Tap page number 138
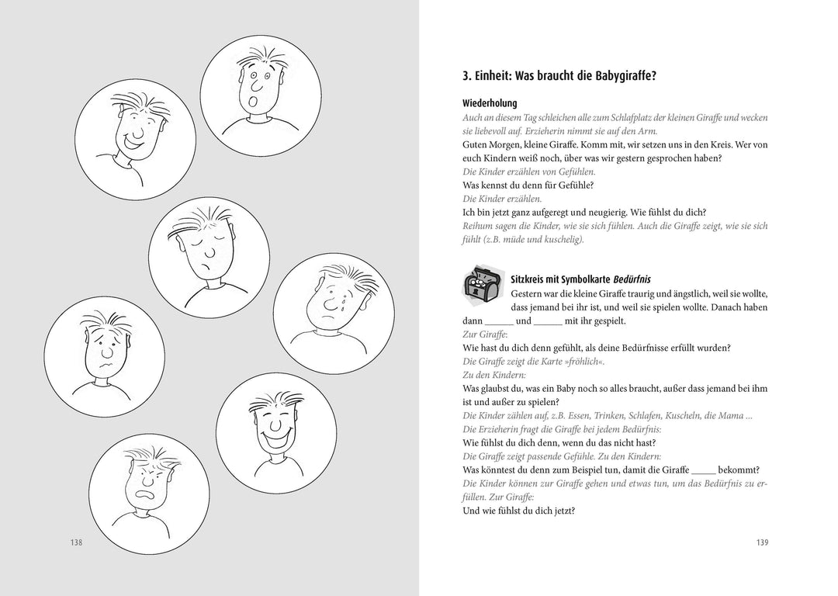75,542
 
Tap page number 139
762,542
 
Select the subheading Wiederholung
490,103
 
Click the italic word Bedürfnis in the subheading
634,278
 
